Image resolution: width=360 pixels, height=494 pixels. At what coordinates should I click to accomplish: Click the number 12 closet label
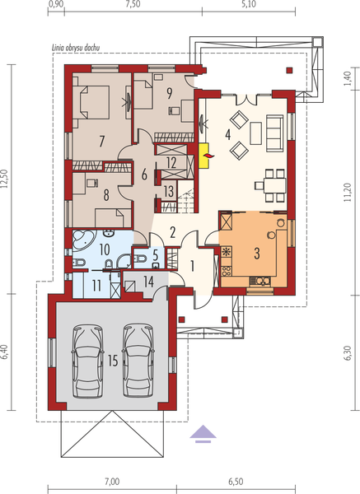coord(171,162)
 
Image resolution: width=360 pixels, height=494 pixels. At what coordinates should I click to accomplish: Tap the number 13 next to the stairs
coord(169,191)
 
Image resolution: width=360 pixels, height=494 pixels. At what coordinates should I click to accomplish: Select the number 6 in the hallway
coord(143,174)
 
